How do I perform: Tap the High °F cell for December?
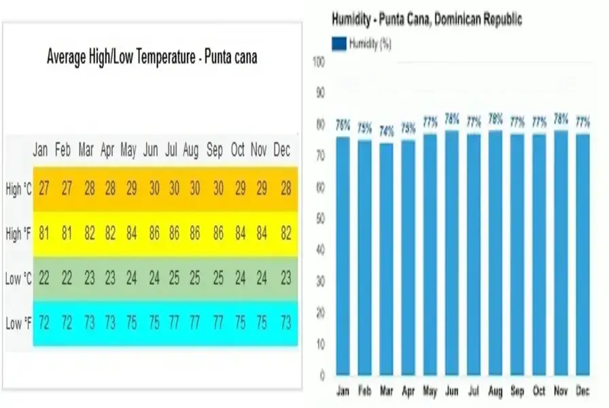(x=285, y=234)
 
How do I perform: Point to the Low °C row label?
(x=18, y=279)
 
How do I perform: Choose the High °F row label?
(x=18, y=234)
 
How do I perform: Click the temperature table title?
(x=152, y=58)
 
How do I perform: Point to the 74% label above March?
(x=387, y=131)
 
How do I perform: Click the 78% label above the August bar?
(x=495, y=118)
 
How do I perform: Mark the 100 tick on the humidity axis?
(x=319, y=62)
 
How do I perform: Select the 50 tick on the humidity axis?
(x=320, y=219)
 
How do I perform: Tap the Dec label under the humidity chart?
(x=582, y=391)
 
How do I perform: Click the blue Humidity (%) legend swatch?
(x=338, y=44)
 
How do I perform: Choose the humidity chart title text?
(x=427, y=19)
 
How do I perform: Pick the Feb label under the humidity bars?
(x=365, y=391)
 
